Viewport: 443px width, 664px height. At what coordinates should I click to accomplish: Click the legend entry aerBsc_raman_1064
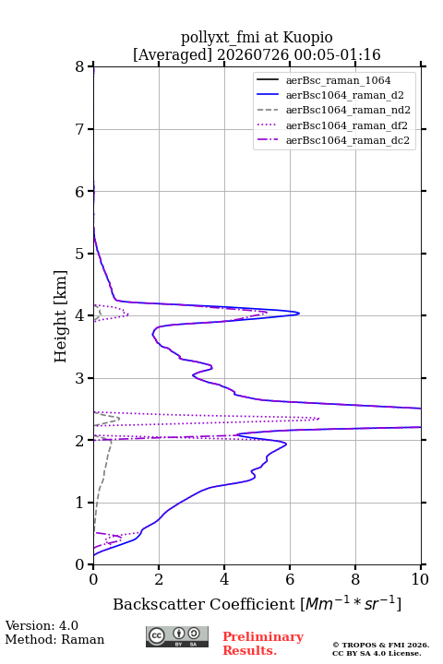[339, 80]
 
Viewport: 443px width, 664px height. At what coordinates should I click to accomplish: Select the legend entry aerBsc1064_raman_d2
[344, 95]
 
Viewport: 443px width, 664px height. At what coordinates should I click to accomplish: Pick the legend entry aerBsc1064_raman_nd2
[348, 110]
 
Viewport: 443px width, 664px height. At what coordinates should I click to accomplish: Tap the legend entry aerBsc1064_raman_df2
[346, 125]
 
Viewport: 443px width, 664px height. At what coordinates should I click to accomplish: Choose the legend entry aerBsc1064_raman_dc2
[348, 140]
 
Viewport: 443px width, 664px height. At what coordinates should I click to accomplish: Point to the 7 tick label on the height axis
[79, 129]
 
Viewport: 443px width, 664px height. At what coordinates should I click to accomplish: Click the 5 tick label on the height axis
[79, 254]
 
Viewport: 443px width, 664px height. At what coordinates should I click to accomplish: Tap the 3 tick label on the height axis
[79, 378]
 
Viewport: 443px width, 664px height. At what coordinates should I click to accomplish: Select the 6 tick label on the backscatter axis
[290, 579]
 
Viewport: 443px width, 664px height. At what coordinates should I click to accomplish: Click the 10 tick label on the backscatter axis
[420, 579]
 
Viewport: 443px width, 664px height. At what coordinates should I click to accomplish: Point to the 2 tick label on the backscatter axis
[159, 579]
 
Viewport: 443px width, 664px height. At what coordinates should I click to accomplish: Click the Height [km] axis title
[61, 316]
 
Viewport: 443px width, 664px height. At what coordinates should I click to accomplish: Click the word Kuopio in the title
[307, 38]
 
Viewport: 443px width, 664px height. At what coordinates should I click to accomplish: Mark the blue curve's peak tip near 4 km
[299, 314]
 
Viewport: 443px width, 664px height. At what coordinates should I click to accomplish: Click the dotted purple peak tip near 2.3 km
[318, 419]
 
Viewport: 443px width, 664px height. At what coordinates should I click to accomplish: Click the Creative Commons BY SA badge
[177, 636]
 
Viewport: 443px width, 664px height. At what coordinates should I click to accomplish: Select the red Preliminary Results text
[263, 643]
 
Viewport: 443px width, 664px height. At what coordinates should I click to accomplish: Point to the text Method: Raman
[54, 639]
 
